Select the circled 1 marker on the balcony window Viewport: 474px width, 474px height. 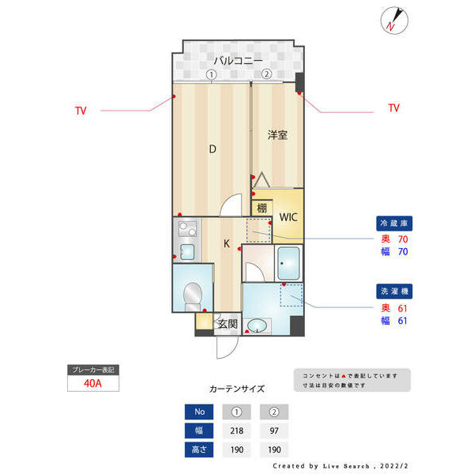[211, 74]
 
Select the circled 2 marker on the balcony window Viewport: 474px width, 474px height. [266, 74]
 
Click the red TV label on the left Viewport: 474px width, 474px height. [81, 110]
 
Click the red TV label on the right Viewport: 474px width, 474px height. [393, 108]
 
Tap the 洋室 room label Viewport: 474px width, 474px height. [276, 135]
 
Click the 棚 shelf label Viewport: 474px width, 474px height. [261, 209]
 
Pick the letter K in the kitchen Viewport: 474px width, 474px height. [226, 244]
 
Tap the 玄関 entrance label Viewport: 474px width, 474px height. [228, 322]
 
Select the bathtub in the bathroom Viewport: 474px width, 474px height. [288, 261]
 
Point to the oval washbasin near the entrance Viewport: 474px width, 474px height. [258, 325]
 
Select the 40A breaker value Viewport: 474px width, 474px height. [92, 384]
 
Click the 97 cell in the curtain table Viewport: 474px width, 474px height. [274, 430]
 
